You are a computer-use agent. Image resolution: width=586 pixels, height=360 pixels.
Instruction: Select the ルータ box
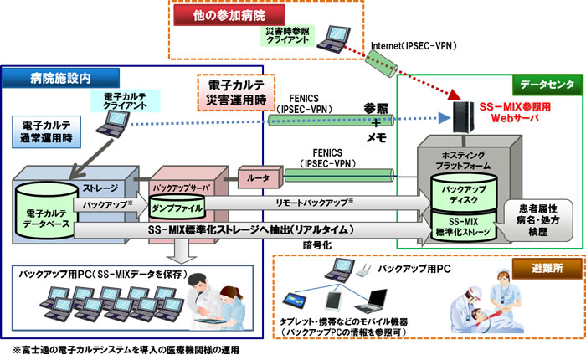point(254,177)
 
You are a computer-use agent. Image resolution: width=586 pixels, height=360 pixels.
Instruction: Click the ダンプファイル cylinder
point(175,203)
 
